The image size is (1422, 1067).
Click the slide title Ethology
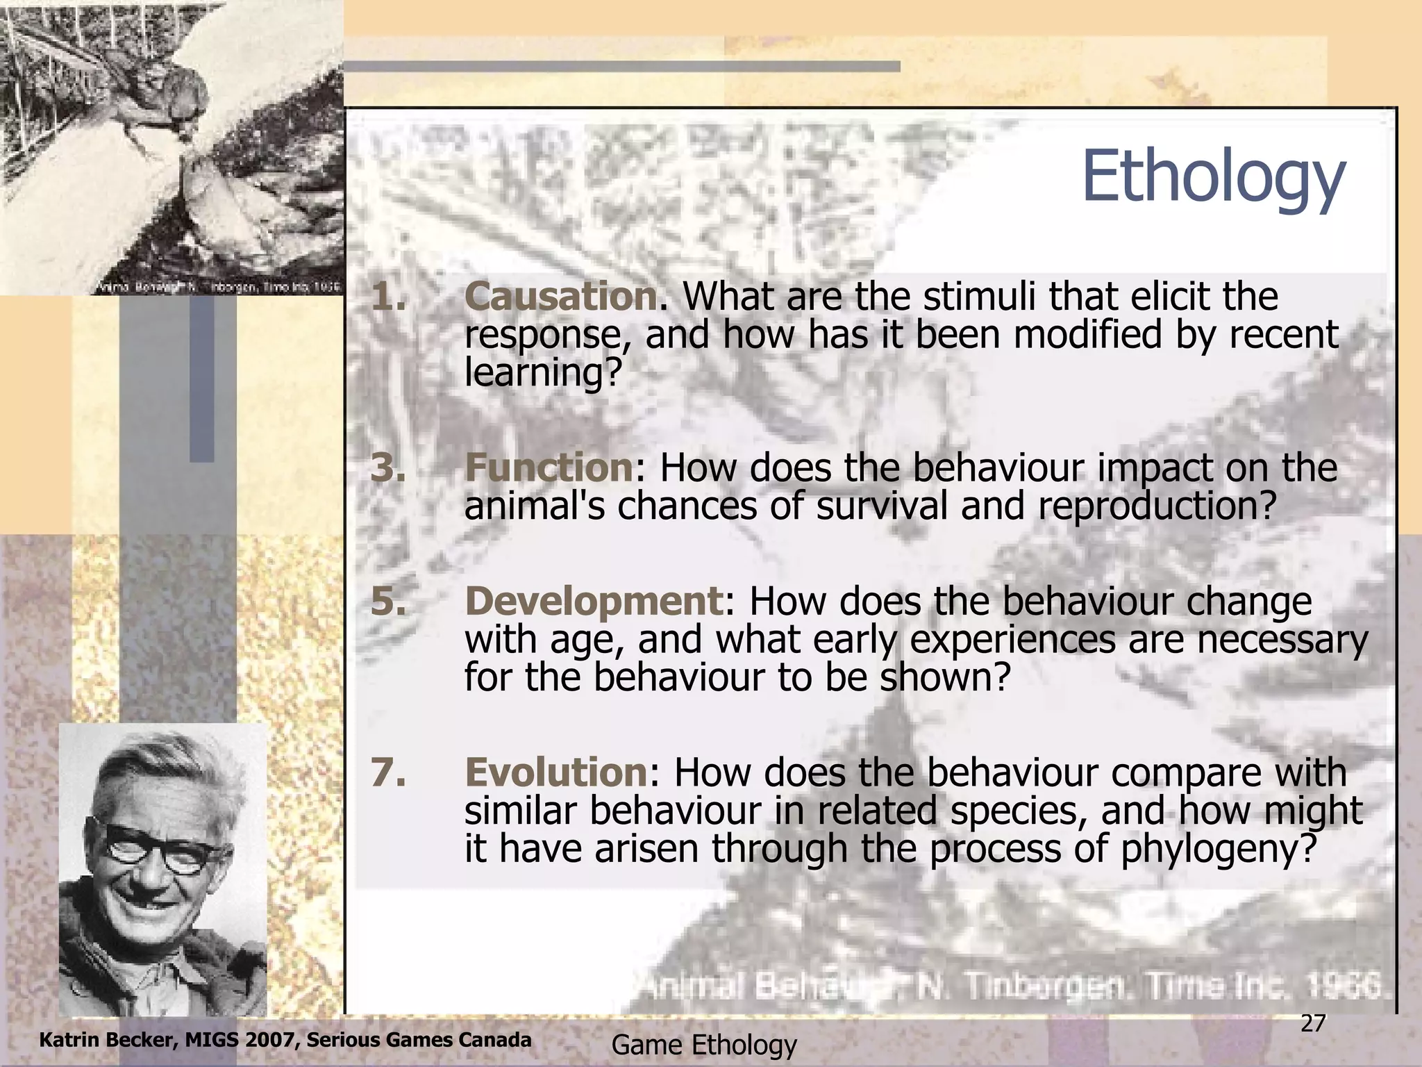[1213, 178]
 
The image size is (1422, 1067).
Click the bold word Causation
[560, 297]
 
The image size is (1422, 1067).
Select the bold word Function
[548, 468]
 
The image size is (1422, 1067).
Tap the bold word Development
[594, 601]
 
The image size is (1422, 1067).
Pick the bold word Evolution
[555, 772]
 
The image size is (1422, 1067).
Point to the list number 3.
[387, 468]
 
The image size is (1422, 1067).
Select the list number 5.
[387, 601]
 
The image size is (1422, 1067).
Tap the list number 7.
[387, 772]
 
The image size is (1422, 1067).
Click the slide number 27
[1312, 1023]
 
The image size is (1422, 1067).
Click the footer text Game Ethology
[703, 1045]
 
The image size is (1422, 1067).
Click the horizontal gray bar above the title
[621, 67]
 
